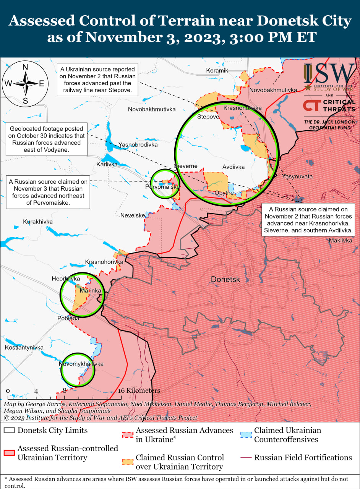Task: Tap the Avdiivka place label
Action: (x=234, y=167)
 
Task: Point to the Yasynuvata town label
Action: (x=297, y=176)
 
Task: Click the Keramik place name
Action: (x=217, y=70)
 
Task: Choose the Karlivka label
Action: (x=107, y=164)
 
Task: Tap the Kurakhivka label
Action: (x=38, y=222)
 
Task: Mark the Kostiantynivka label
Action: (x=24, y=348)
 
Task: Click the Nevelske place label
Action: (x=133, y=215)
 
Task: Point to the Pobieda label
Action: (x=68, y=318)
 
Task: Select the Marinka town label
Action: (x=90, y=291)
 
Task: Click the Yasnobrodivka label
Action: (x=138, y=145)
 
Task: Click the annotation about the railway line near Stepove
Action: (x=97, y=80)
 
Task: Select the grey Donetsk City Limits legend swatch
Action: (x=10, y=430)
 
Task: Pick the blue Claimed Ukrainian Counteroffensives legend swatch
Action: (x=246, y=435)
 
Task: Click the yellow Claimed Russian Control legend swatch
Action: (x=128, y=462)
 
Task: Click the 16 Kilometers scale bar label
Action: (x=139, y=390)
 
